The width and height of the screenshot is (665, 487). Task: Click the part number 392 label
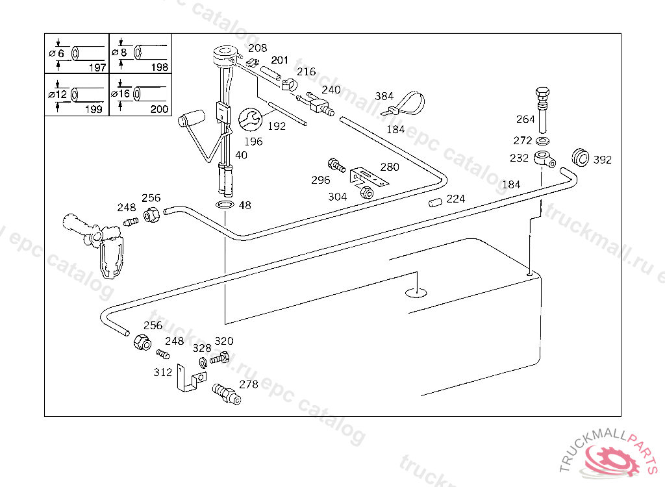[x=602, y=160]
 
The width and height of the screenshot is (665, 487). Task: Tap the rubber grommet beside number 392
[x=580, y=157]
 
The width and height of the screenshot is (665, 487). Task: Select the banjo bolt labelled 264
[x=542, y=110]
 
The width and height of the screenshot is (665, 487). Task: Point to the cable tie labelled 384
[x=406, y=103]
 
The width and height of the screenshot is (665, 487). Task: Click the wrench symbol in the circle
[x=250, y=119]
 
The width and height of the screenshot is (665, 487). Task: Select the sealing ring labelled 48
[x=225, y=205]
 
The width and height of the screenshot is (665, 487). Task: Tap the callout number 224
[x=455, y=199]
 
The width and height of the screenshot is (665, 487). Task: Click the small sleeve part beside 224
[x=435, y=203]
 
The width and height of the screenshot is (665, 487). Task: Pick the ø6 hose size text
[x=56, y=53]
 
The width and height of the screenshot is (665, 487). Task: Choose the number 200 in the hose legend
[x=160, y=109]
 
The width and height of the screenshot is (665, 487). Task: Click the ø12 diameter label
[x=58, y=94]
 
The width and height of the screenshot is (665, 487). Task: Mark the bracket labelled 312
[x=191, y=379]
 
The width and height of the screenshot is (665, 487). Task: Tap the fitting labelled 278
[x=227, y=393]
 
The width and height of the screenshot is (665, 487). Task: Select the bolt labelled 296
[x=336, y=166]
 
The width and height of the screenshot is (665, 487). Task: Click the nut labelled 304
[x=366, y=193]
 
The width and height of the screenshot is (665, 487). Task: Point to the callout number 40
[x=241, y=155]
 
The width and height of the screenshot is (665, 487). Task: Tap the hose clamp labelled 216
[x=289, y=84]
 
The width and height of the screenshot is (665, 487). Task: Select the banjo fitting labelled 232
[x=545, y=159]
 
